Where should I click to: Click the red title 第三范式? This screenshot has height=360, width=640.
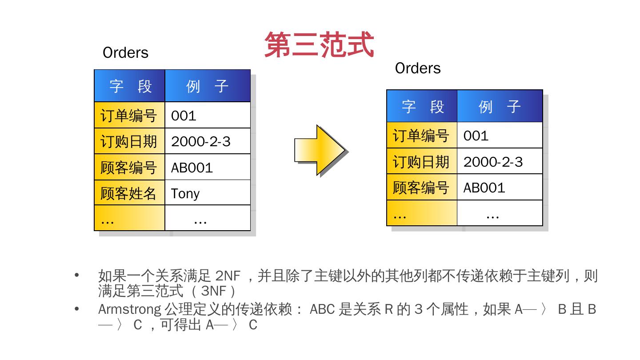(319, 44)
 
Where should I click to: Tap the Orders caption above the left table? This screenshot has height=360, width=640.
(125, 52)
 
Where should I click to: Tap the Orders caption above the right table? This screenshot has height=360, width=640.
(418, 68)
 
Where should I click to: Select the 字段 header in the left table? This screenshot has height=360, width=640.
(130, 86)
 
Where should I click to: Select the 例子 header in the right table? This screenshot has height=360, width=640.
(500, 106)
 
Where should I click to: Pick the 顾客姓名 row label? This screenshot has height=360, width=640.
(128, 193)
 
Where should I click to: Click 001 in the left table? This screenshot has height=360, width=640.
(184, 116)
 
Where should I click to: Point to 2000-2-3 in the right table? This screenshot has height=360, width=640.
(493, 162)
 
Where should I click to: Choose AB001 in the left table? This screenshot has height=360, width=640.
(192, 168)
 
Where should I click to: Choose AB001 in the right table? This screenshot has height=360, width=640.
(484, 188)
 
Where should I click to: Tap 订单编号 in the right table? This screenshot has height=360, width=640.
(421, 136)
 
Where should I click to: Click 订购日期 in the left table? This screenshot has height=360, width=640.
(128, 142)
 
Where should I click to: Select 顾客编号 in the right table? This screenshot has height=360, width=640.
(421, 188)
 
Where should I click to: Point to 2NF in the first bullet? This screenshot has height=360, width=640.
(227, 276)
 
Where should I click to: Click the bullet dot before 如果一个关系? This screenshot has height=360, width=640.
(77, 275)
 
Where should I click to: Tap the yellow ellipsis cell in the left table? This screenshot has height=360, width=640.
(129, 219)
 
